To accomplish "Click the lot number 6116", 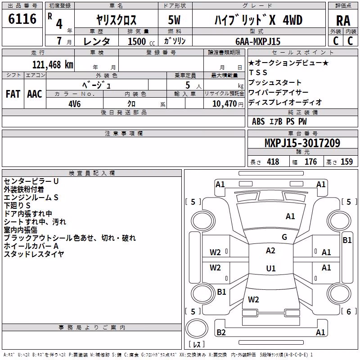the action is point(22,19).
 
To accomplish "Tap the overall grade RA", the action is point(343,21).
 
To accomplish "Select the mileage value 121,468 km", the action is point(53,65).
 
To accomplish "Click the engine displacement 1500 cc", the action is point(141,41).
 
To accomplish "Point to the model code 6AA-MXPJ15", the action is point(258,41).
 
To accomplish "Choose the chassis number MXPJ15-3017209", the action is point(302,143).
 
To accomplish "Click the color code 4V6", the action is point(75,104).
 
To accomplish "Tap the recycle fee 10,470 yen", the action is point(228,104).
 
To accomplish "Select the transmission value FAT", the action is point(13,94).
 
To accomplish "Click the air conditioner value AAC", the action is point(35,94).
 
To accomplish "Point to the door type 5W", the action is point(174,20).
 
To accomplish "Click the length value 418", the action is point(273,162).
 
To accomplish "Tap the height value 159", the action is point(346,162).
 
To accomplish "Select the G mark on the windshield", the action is point(284,237).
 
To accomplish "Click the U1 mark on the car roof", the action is point(271,268).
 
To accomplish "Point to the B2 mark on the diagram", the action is point(221,333).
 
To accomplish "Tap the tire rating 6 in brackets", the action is point(349,311).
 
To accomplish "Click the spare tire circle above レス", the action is point(197,328).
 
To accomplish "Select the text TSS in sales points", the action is point(258,72).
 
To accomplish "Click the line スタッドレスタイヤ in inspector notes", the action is point(34,254).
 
